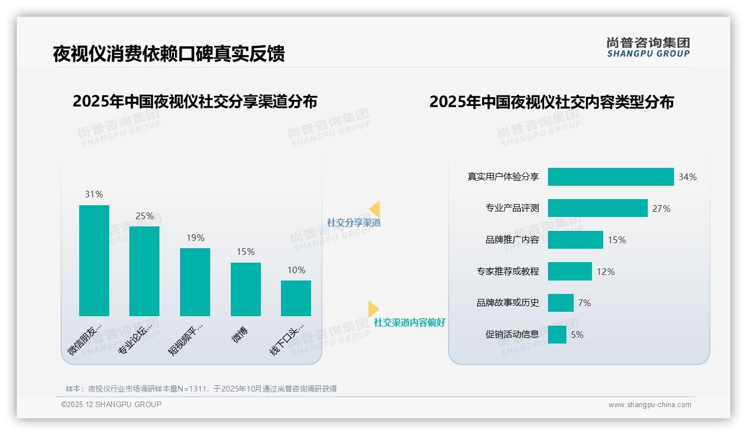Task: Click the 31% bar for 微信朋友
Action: point(94,260)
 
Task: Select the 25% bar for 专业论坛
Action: point(144,271)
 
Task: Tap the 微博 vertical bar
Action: point(246,289)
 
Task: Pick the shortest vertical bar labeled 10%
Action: point(296,298)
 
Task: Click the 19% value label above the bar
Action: point(195,238)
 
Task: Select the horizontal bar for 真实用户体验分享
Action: point(610,177)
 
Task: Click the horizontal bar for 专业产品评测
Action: point(598,208)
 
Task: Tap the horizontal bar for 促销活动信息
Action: point(557,335)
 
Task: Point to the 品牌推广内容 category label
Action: point(512,240)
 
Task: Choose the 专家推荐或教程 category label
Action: point(507,272)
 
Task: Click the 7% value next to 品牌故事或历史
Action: point(584,303)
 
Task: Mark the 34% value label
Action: point(687,177)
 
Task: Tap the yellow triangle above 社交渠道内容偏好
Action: point(373,309)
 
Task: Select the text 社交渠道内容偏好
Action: point(409,322)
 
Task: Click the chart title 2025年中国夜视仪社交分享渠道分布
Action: point(195,101)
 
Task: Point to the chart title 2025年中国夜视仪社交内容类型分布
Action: point(551,101)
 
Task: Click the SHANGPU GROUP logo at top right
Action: point(648,47)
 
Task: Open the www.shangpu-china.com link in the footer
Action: point(649,405)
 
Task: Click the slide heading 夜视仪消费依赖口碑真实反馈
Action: point(168,54)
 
